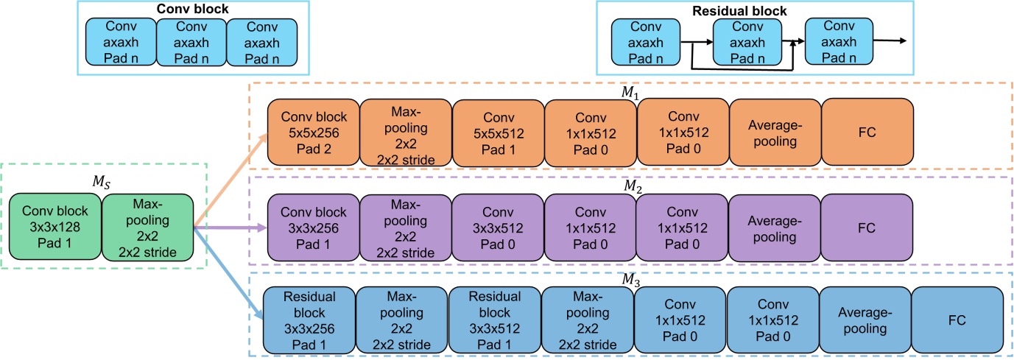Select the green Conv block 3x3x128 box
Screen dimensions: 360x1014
point(54,228)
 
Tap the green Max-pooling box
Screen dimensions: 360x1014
point(147,228)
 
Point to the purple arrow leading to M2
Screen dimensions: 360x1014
point(229,228)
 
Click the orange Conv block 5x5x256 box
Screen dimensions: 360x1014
point(314,132)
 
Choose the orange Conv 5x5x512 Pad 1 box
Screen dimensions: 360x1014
point(498,132)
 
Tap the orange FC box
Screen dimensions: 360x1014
point(867,132)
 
